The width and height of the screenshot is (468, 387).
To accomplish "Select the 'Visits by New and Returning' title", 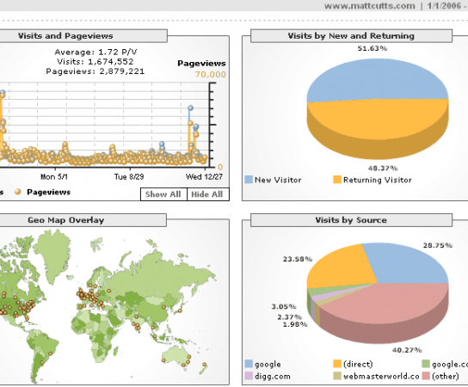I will coord(350,36).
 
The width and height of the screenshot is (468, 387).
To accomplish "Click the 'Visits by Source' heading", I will coord(350,220).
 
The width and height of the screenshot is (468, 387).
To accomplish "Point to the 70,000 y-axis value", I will coord(210,75).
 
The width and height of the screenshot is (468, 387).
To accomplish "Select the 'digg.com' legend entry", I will coord(274,377).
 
